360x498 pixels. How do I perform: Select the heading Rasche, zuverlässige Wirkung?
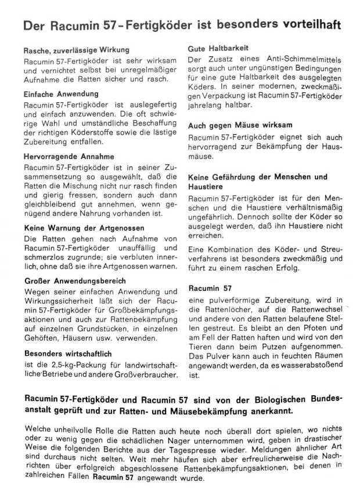[x=76, y=50]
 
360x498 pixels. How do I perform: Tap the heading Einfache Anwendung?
[x=61, y=93]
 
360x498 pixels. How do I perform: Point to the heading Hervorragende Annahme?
[x=69, y=157]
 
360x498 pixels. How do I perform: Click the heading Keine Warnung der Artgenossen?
[x=83, y=229]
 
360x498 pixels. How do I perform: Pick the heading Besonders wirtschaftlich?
[x=68, y=353]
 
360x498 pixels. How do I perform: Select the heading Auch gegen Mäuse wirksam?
[x=240, y=125]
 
